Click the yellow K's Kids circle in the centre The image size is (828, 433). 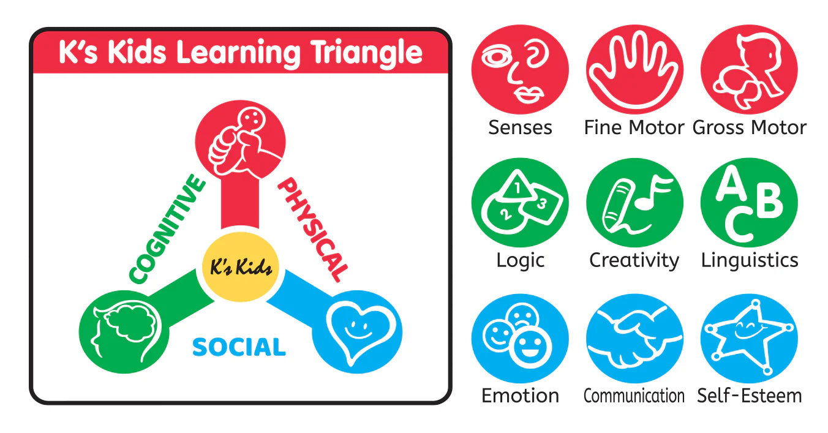(x=241, y=267)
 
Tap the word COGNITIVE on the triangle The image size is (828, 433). (x=167, y=229)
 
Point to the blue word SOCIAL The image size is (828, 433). (x=239, y=347)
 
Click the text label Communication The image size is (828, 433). (x=634, y=396)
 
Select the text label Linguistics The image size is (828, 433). (x=750, y=260)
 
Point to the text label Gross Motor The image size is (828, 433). (x=750, y=127)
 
